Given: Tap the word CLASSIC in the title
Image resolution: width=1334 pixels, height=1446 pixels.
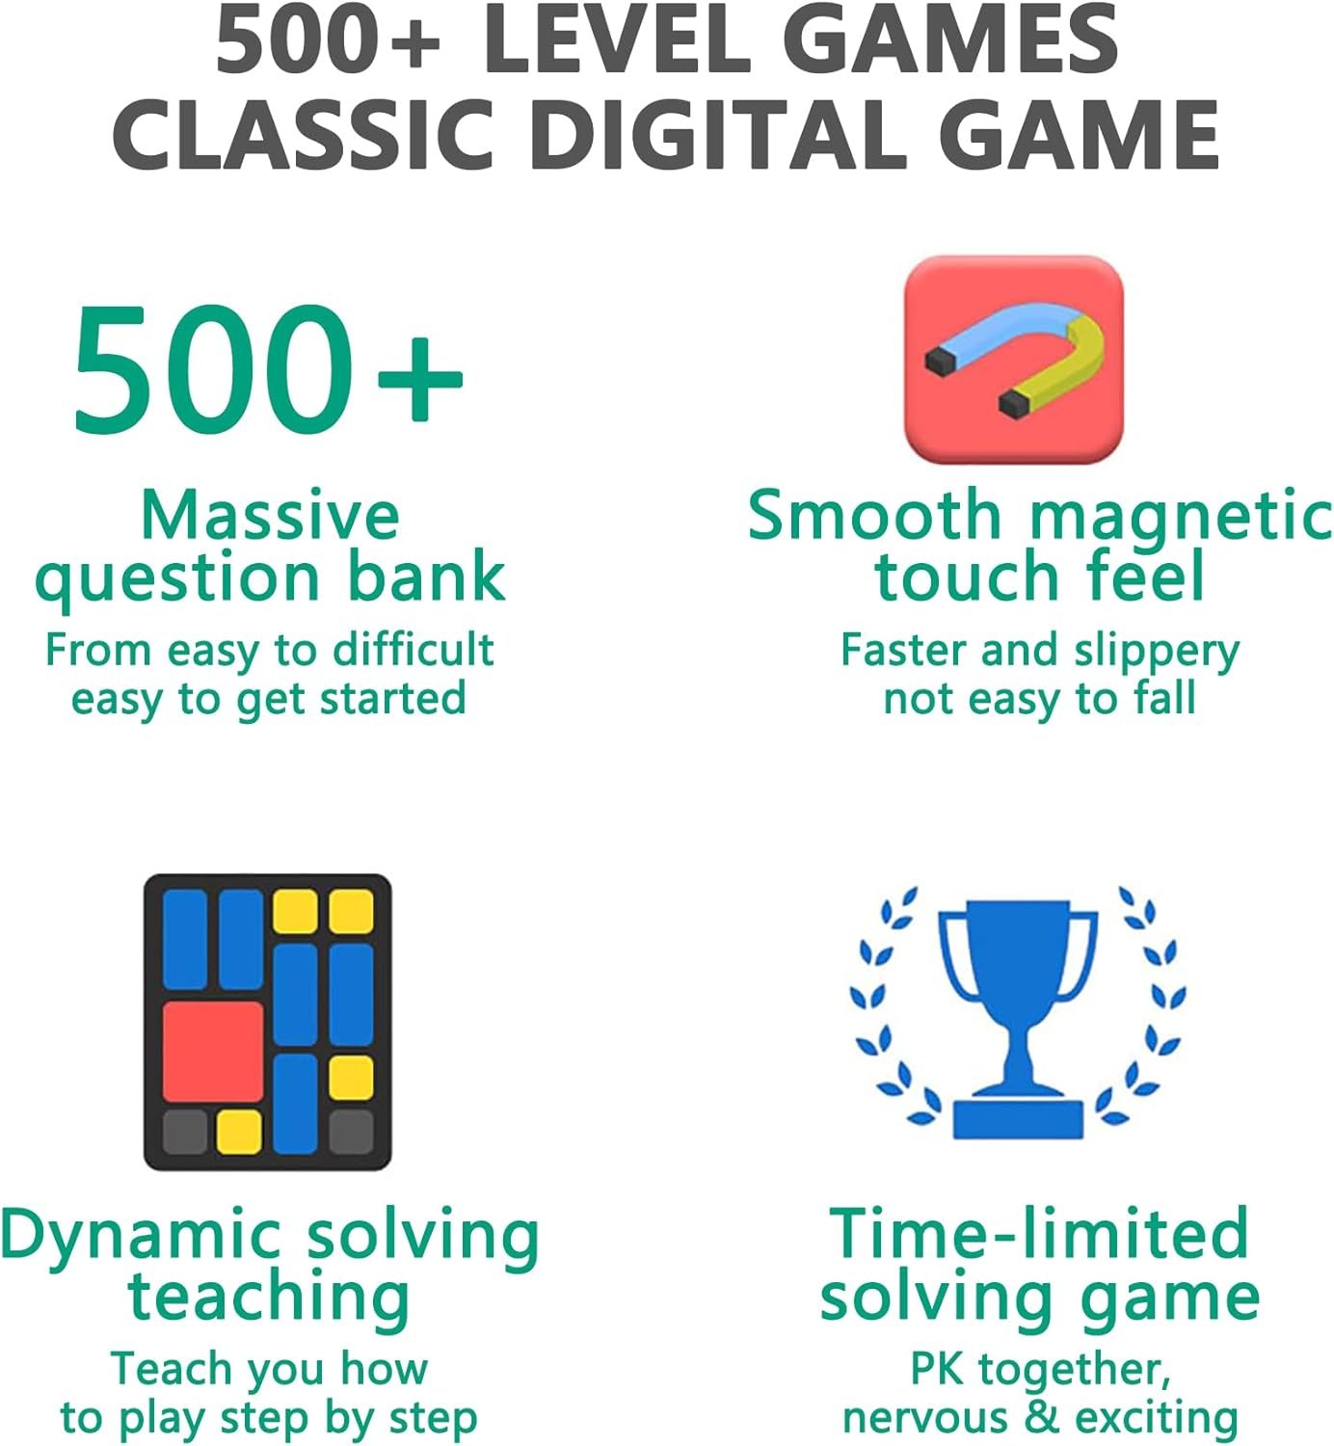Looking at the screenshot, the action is [x=304, y=136].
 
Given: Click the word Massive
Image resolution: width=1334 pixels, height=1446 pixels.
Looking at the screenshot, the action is [x=270, y=516].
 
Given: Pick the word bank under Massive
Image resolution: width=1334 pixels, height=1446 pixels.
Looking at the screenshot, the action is [x=427, y=576].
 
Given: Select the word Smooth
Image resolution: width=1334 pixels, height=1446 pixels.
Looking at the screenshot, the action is [x=875, y=515].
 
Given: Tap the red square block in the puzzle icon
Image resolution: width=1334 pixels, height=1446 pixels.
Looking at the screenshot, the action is [x=213, y=1052].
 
